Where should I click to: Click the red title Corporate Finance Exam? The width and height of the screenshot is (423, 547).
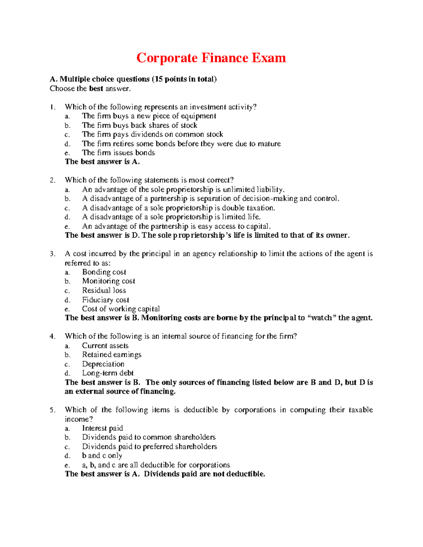point(211,58)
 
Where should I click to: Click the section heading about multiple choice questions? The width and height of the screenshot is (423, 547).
point(133,79)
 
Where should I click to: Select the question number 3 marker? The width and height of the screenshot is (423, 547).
point(53,254)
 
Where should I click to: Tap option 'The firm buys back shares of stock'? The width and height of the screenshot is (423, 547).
point(140,125)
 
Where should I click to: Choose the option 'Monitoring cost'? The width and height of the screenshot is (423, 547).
point(109,281)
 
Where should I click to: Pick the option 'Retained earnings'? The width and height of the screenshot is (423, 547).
point(112,355)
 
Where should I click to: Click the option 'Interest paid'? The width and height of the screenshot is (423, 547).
point(103,428)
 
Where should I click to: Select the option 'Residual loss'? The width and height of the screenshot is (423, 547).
point(104,291)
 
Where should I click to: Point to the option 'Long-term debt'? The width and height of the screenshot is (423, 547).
point(108,373)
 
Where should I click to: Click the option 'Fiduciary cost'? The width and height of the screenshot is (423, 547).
point(105,300)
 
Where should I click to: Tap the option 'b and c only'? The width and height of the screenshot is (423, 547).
point(102,456)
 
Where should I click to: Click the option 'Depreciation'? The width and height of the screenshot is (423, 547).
point(103,364)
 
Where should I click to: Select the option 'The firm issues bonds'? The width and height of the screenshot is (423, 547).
point(118,153)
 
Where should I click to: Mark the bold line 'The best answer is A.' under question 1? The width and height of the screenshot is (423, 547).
point(102,162)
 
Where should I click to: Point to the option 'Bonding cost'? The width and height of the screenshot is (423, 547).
point(104,272)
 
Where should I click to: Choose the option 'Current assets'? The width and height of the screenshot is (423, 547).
point(105,346)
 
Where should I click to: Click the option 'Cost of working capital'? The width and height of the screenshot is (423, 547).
point(121,309)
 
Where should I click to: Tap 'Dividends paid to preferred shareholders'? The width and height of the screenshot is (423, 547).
point(149,447)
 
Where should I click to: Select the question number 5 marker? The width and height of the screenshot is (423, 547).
point(53,410)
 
